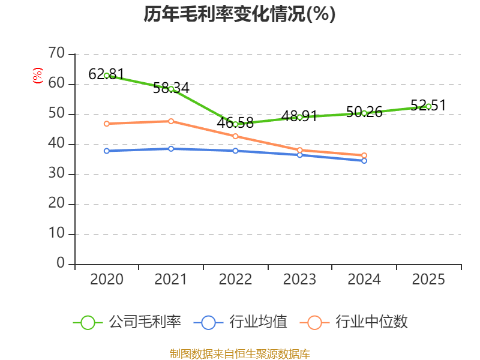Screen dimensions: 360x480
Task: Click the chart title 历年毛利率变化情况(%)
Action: click(239, 14)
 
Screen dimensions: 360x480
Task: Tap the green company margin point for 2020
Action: click(107, 76)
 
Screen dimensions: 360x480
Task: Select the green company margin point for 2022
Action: click(235, 124)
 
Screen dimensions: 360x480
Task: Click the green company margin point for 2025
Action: click(428, 106)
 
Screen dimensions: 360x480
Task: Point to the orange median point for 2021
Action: click(171, 121)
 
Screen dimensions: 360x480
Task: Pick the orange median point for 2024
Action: click(364, 155)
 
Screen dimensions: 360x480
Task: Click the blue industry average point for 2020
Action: click(107, 151)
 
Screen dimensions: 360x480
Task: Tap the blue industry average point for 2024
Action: click(364, 161)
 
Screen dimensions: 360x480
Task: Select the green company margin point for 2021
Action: click(171, 89)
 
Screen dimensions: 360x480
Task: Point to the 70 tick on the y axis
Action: click(57, 54)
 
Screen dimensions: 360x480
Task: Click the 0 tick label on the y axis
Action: click(61, 263)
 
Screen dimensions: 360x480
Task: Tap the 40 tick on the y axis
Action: click(57, 144)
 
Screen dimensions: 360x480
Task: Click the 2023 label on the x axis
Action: click(299, 280)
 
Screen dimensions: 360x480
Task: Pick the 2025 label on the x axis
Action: click(428, 280)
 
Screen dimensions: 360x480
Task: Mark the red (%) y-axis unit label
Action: click(38, 76)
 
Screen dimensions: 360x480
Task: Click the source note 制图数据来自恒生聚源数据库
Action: click(239, 353)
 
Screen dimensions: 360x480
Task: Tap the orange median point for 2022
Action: click(235, 136)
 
